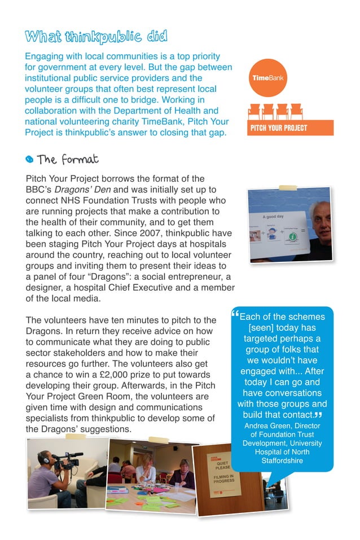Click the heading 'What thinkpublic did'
tap(96, 38)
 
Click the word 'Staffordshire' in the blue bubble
tap(282, 461)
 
